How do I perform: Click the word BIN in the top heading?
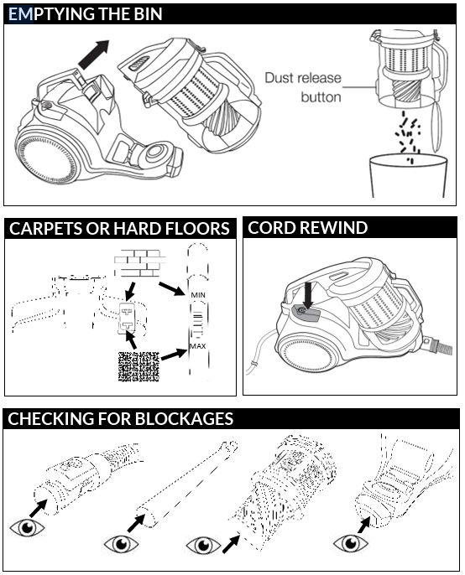[146, 14]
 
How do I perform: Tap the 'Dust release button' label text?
[303, 87]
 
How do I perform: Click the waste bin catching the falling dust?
[409, 176]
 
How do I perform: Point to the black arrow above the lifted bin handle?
[94, 54]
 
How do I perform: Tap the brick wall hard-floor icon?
[139, 263]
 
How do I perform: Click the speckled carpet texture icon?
[138, 366]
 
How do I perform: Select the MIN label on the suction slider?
[198, 295]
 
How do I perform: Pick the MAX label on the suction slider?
[197, 346]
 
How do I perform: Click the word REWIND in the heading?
[333, 228]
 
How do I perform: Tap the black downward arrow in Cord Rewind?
[308, 295]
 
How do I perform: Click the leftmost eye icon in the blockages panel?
[27, 528]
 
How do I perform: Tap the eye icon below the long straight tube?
[121, 544]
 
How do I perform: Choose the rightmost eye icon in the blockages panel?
[350, 543]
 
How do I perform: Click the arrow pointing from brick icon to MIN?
[172, 288]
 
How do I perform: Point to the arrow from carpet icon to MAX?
[174, 355]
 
